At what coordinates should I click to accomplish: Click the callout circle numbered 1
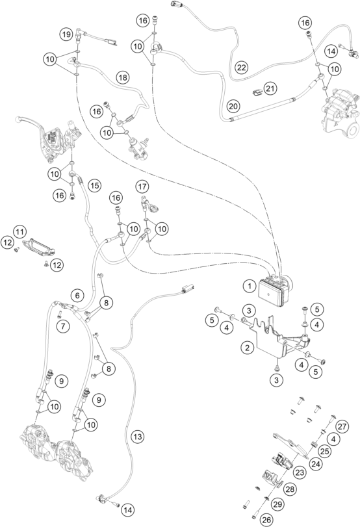click(250, 287)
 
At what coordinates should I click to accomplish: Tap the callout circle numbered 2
click(248, 347)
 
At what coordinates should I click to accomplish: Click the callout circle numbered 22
click(241, 67)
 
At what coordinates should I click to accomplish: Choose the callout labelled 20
click(233, 107)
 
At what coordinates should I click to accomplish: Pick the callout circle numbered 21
click(270, 89)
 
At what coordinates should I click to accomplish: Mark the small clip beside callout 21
click(257, 92)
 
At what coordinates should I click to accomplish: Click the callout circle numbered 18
click(123, 78)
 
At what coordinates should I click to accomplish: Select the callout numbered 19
click(66, 34)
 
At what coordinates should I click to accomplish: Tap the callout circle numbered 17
click(142, 186)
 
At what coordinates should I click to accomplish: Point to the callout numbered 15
click(95, 186)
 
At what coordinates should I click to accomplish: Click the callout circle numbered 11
click(20, 231)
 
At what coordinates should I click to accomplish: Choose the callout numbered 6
click(77, 296)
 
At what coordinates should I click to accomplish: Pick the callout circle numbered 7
click(63, 326)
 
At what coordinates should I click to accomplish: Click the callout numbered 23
click(300, 472)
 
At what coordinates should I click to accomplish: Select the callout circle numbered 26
click(266, 520)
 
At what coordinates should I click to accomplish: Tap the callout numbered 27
click(342, 427)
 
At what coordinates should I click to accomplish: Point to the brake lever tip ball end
click(18, 120)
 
